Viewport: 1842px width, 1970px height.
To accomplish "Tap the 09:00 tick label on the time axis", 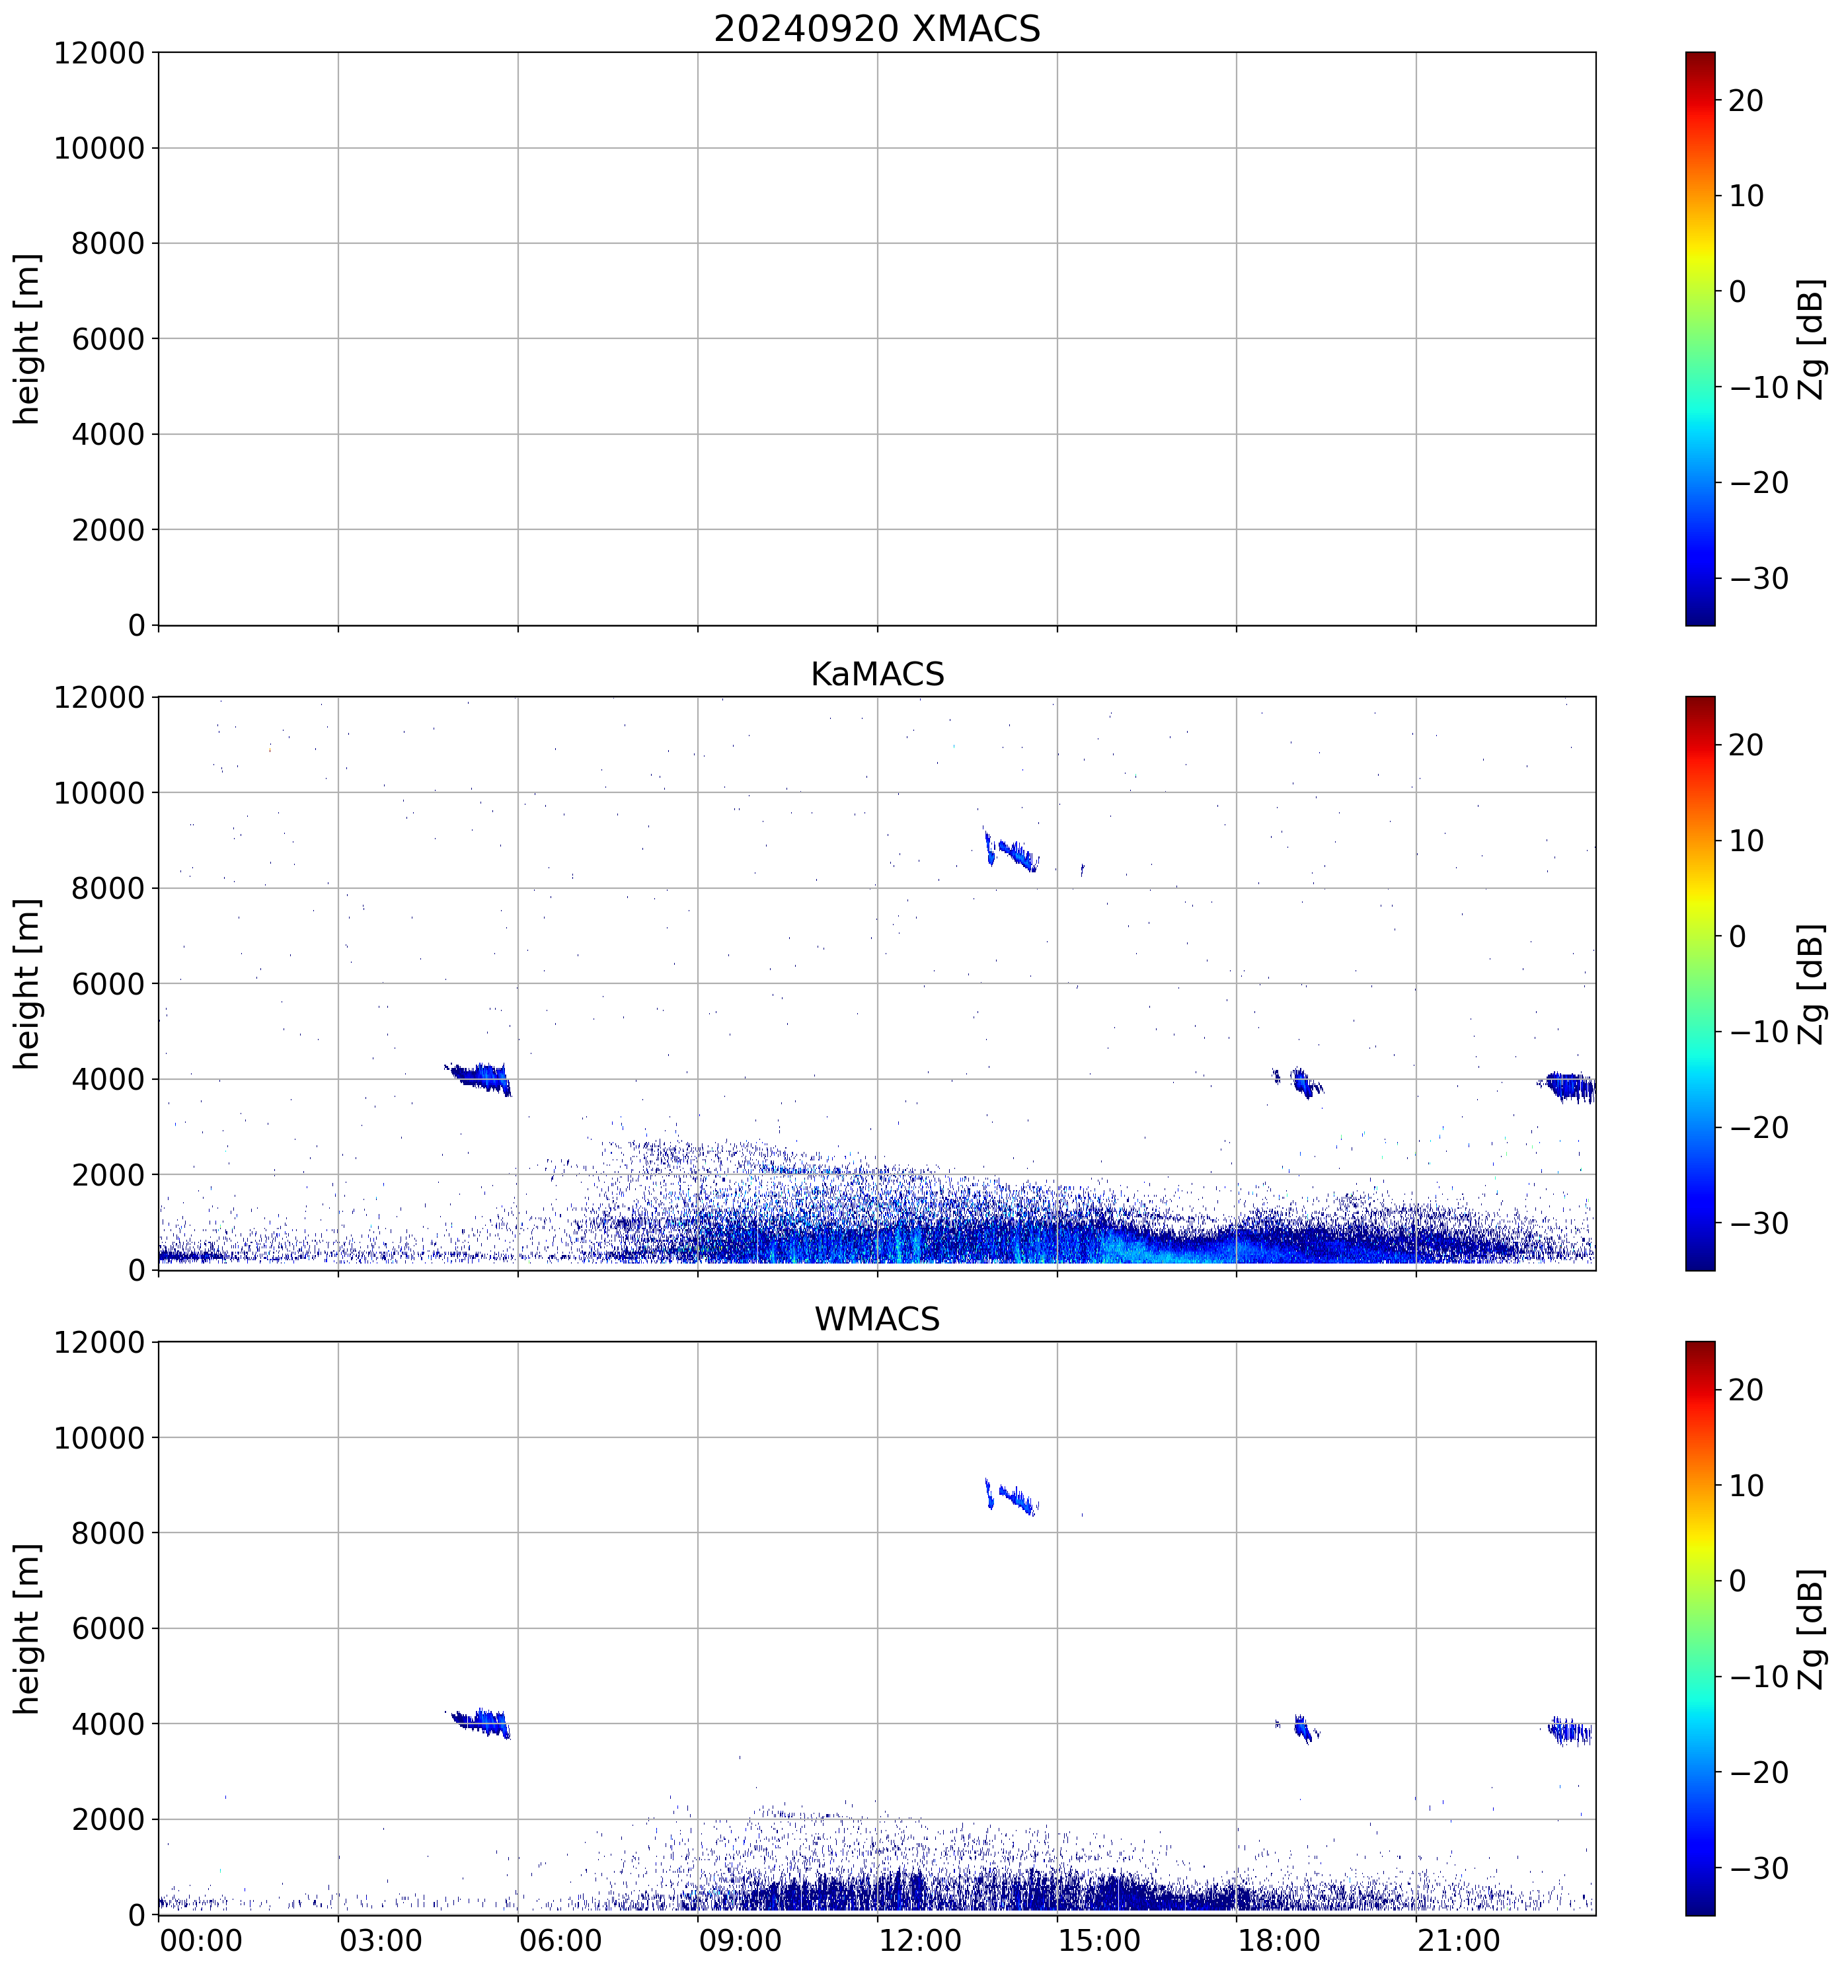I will click(x=739, y=1940).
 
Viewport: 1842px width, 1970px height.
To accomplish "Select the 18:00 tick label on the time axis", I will click(x=1278, y=1940).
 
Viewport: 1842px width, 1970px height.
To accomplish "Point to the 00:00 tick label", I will click(x=201, y=1940).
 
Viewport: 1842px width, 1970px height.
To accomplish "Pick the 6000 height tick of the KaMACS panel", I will click(x=108, y=984).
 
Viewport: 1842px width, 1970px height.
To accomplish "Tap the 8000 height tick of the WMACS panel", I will click(x=108, y=1533).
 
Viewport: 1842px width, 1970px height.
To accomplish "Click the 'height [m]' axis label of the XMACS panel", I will click(x=28, y=339).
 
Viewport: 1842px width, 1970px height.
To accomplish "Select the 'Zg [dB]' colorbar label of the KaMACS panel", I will click(x=1810, y=984).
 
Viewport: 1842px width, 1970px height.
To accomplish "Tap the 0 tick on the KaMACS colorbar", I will click(x=1737, y=936).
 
